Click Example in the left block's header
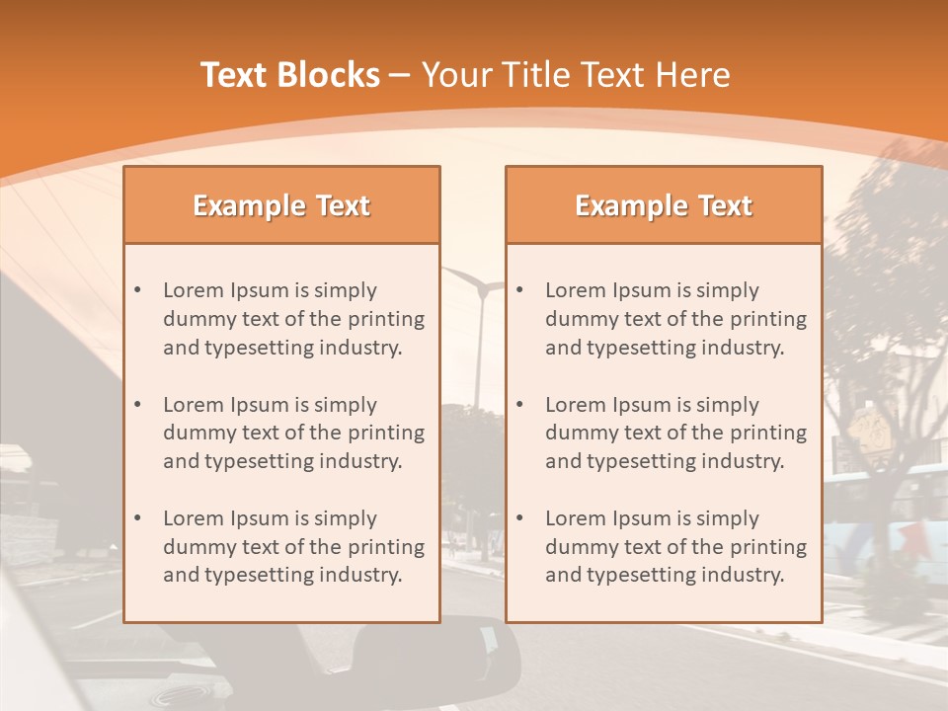[x=250, y=206]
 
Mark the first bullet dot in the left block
[x=137, y=290]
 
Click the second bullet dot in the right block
[x=519, y=405]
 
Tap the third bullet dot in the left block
[x=137, y=518]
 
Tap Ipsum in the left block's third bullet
[x=256, y=518]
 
